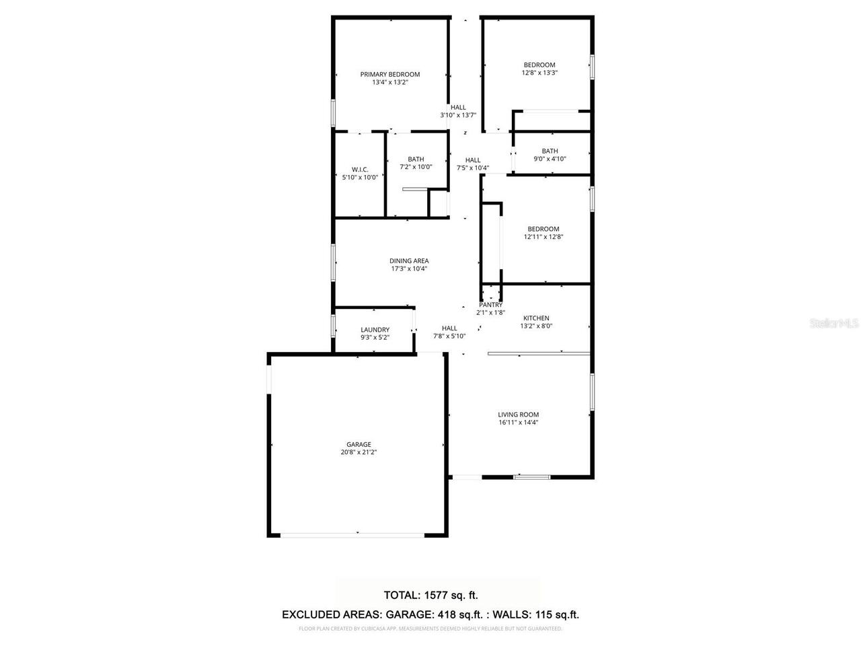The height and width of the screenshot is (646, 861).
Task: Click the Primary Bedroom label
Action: tap(389, 75)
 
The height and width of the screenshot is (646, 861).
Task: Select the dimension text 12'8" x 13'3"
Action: tap(539, 73)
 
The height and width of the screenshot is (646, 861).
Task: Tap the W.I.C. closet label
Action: tap(360, 169)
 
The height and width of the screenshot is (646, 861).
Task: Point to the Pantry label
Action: tap(490, 305)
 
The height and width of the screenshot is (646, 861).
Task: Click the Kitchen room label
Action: tap(536, 318)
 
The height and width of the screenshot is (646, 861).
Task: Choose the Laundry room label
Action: tap(375, 330)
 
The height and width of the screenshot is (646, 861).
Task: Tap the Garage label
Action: tap(359, 444)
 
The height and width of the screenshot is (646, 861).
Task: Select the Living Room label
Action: tap(518, 415)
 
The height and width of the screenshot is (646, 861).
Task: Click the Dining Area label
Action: tap(408, 261)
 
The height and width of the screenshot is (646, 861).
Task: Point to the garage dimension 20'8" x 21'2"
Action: tap(359, 453)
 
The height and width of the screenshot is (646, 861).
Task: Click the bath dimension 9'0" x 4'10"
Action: tap(550, 159)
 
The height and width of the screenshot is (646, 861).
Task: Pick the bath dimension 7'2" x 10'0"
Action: tap(416, 167)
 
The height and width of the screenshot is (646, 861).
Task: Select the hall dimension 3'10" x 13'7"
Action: tap(458, 115)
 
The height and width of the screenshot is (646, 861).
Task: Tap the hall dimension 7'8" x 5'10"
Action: tap(449, 336)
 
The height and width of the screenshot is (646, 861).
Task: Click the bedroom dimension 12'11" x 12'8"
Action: tap(543, 237)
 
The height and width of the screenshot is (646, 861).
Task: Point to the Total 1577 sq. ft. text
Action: tap(430, 595)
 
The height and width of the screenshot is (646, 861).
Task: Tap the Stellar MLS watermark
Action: tap(834, 324)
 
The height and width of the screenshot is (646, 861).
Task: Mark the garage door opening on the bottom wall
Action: tap(352, 535)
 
